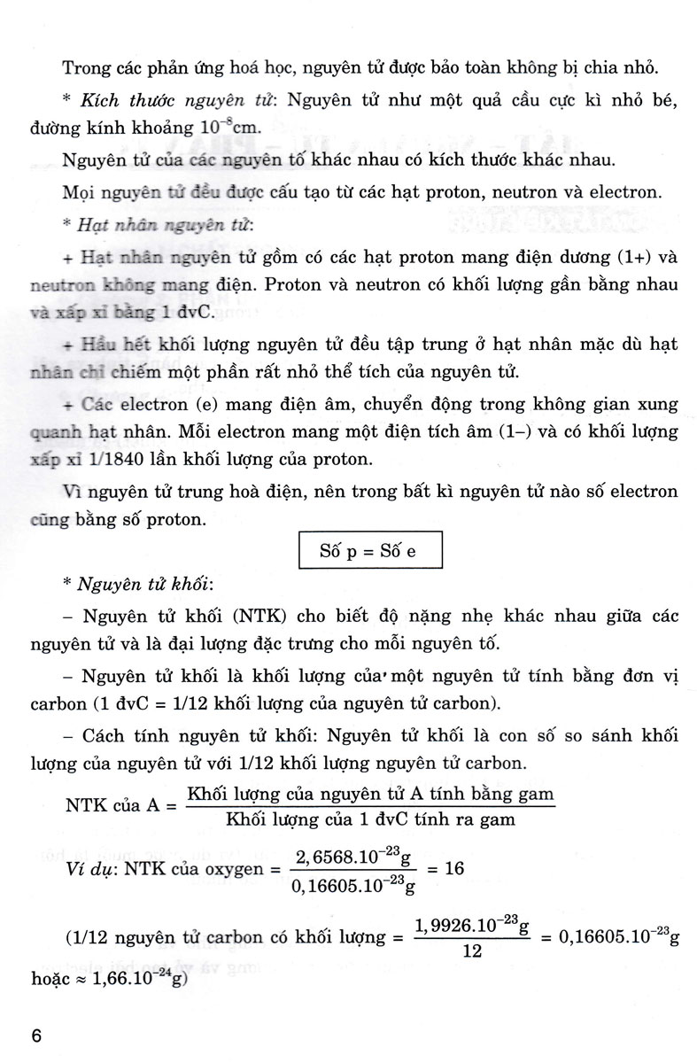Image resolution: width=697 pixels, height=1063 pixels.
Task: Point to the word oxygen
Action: [233, 869]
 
